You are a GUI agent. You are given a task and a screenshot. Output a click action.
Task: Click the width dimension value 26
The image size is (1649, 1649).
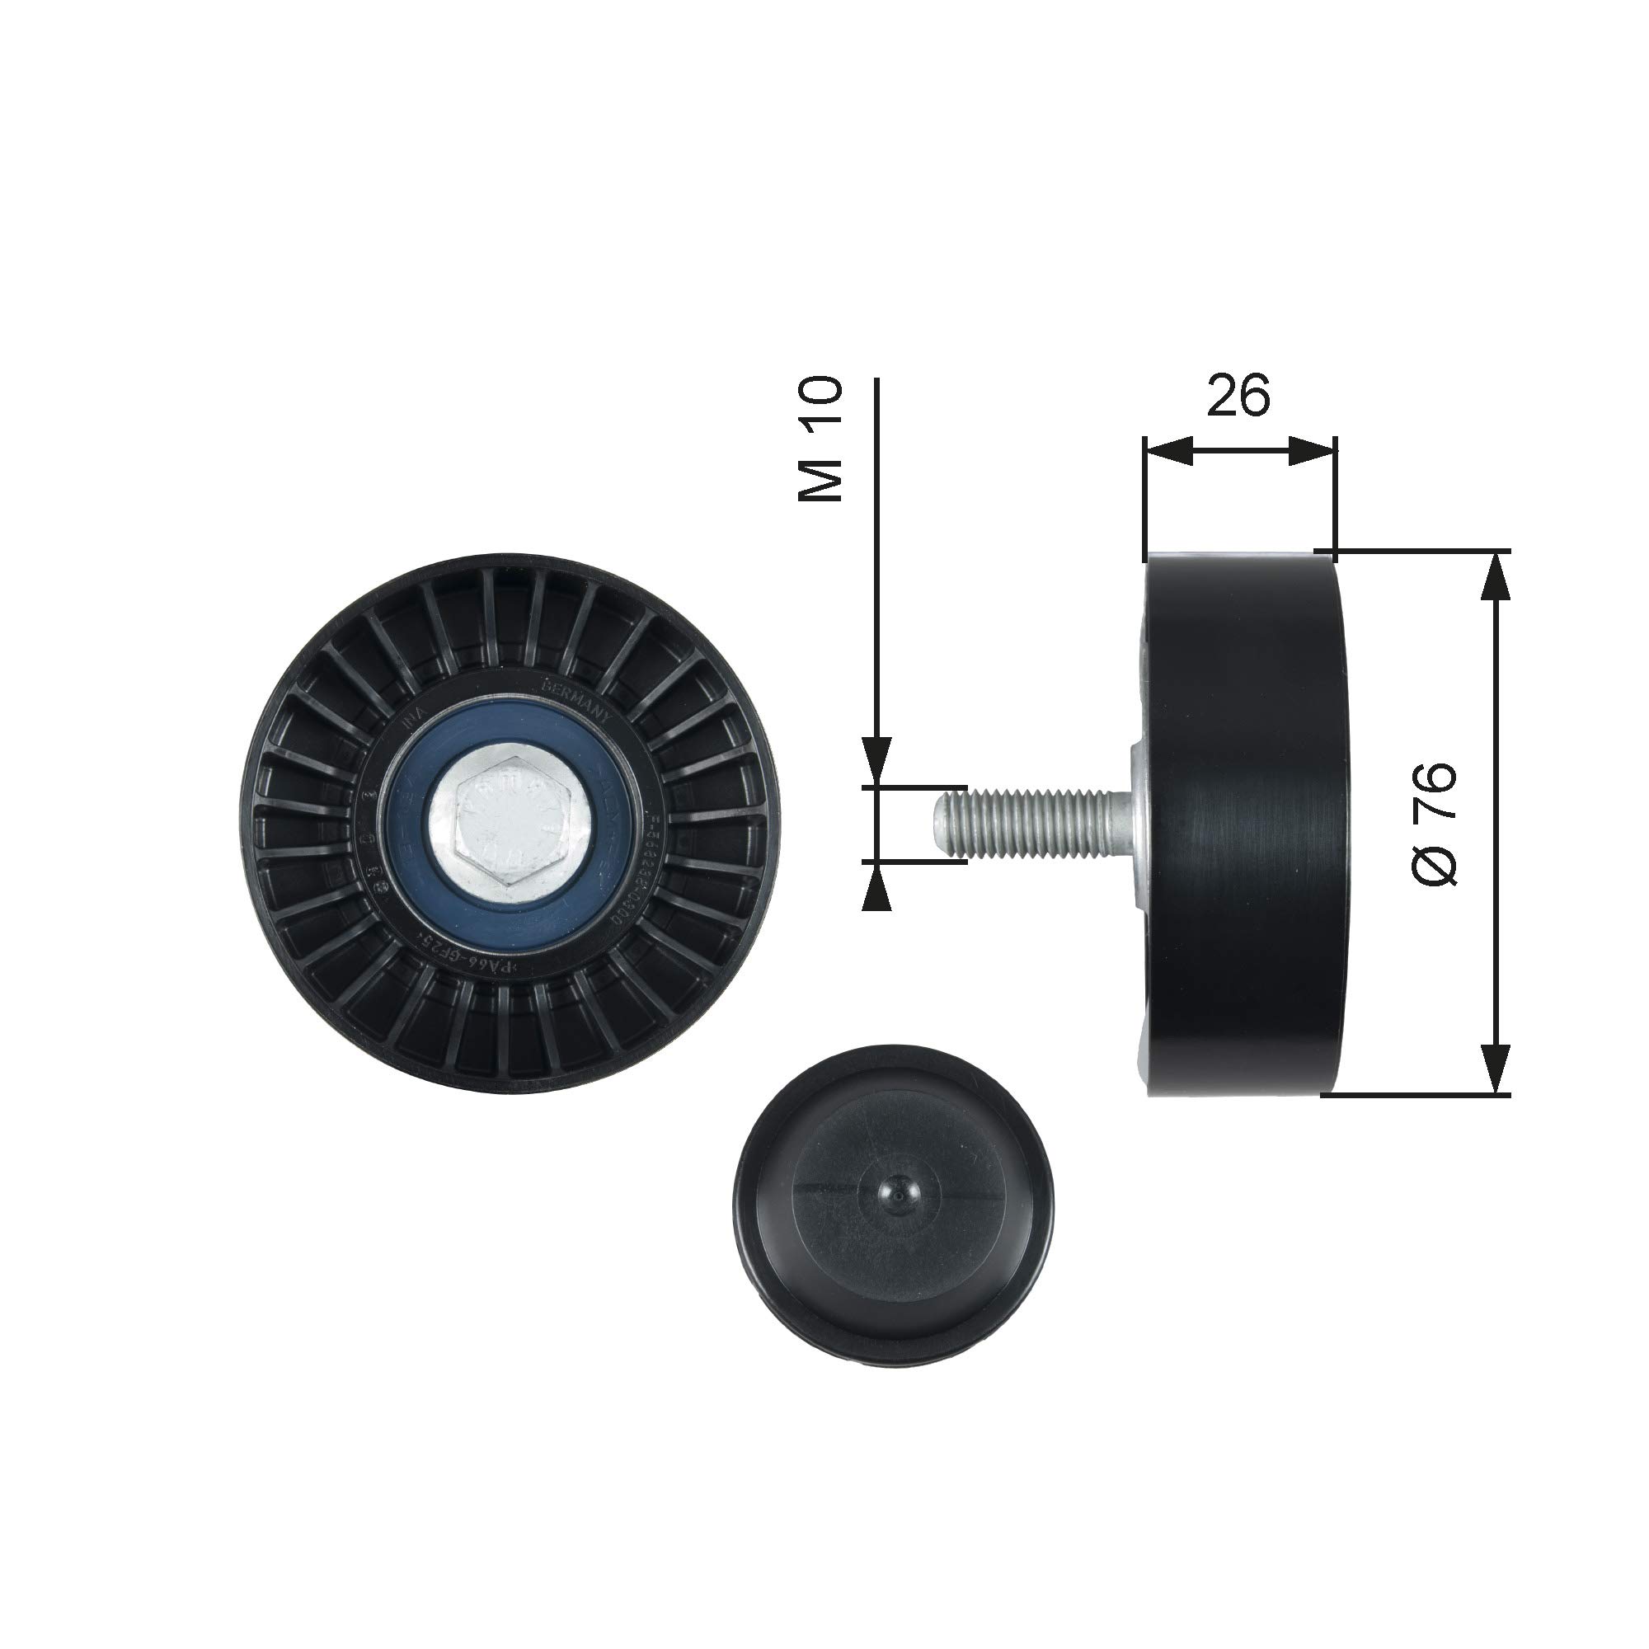[1238, 394]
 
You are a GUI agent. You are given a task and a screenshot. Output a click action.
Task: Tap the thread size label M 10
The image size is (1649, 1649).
[820, 439]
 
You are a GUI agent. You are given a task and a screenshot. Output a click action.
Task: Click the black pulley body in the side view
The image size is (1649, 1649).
[1246, 824]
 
